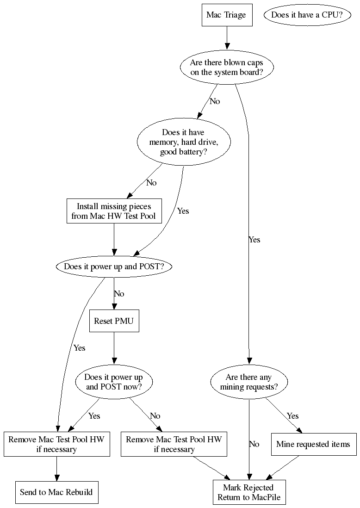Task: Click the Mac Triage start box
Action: tap(226, 15)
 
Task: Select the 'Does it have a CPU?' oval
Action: tap(307, 15)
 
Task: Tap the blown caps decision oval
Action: tap(226, 68)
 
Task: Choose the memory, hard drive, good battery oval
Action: tap(183, 142)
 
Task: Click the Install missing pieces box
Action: tap(114, 211)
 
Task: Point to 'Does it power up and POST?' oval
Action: tap(111, 266)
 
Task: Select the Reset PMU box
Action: tap(114, 321)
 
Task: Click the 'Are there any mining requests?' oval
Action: tap(249, 382)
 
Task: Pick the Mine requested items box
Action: tap(313, 444)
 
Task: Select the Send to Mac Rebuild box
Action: tap(56, 492)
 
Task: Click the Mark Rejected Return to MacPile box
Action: tap(249, 492)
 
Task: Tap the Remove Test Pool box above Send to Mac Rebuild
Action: tap(56, 444)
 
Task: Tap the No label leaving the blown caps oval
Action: tap(215, 101)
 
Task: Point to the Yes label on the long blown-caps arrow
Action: tap(254, 240)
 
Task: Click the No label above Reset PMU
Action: tap(119, 294)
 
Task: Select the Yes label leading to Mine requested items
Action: tap(292, 416)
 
